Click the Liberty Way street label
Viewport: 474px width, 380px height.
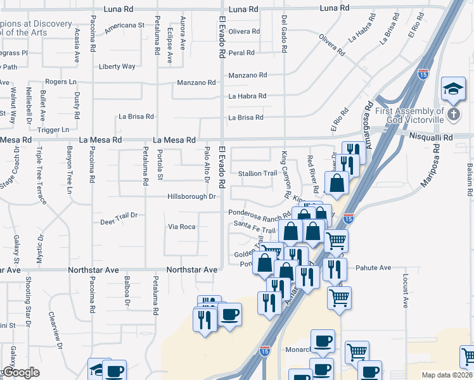117,66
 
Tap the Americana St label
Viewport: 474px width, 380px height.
125,25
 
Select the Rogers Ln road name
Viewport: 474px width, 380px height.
61,82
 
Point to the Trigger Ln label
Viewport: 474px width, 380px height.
53,130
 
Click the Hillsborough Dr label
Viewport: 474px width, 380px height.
191,197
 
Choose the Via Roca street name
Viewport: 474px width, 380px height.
181,227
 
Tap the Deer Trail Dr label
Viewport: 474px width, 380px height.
118,219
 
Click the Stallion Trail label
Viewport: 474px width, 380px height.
257,174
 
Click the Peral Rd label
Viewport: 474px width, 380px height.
241,53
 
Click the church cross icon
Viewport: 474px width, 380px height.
453,115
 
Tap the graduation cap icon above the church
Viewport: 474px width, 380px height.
454,89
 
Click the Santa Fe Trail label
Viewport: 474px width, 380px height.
255,224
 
